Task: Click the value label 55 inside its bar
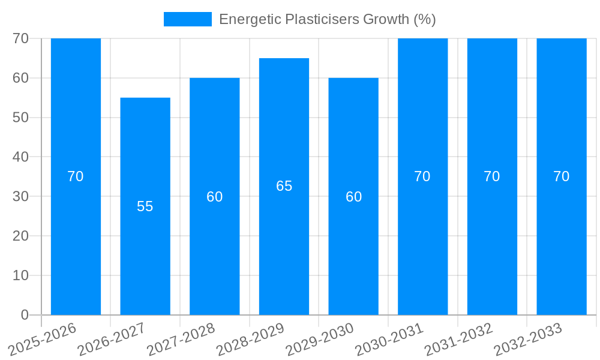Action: pyautogui.click(x=145, y=206)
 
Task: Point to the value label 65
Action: pyautogui.click(x=284, y=186)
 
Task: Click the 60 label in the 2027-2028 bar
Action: pyautogui.click(x=215, y=197)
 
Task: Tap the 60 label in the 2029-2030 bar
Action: pyautogui.click(x=353, y=197)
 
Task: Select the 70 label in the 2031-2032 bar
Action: pyautogui.click(x=492, y=176)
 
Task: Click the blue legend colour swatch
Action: pyautogui.click(x=187, y=19)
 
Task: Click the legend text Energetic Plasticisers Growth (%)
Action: pyautogui.click(x=327, y=19)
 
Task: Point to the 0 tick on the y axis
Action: pyautogui.click(x=25, y=315)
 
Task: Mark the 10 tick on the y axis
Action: pyautogui.click(x=21, y=275)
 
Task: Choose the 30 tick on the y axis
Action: pyautogui.click(x=21, y=196)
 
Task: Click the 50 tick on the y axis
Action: pyautogui.click(x=21, y=118)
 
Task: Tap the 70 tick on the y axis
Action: pyautogui.click(x=21, y=38)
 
